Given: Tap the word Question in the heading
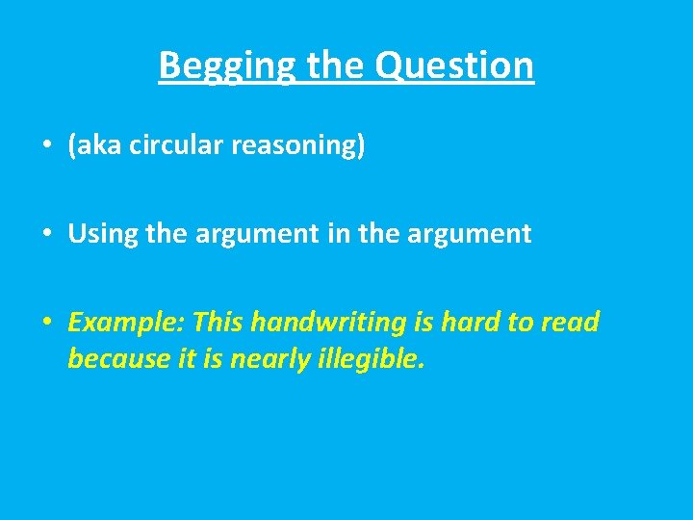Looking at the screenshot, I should pyautogui.click(x=454, y=65).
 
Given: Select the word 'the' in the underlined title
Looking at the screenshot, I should pyautogui.click(x=336, y=65).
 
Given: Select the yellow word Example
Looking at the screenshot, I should pyautogui.click(x=121, y=322).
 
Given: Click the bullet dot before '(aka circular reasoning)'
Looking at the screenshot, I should pyautogui.click(x=46, y=146).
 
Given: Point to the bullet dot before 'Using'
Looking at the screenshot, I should pyautogui.click(x=46, y=234).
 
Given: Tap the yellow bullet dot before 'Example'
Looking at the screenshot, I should pyautogui.click(x=46, y=322).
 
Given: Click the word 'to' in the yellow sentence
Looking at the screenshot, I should pyautogui.click(x=521, y=321).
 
